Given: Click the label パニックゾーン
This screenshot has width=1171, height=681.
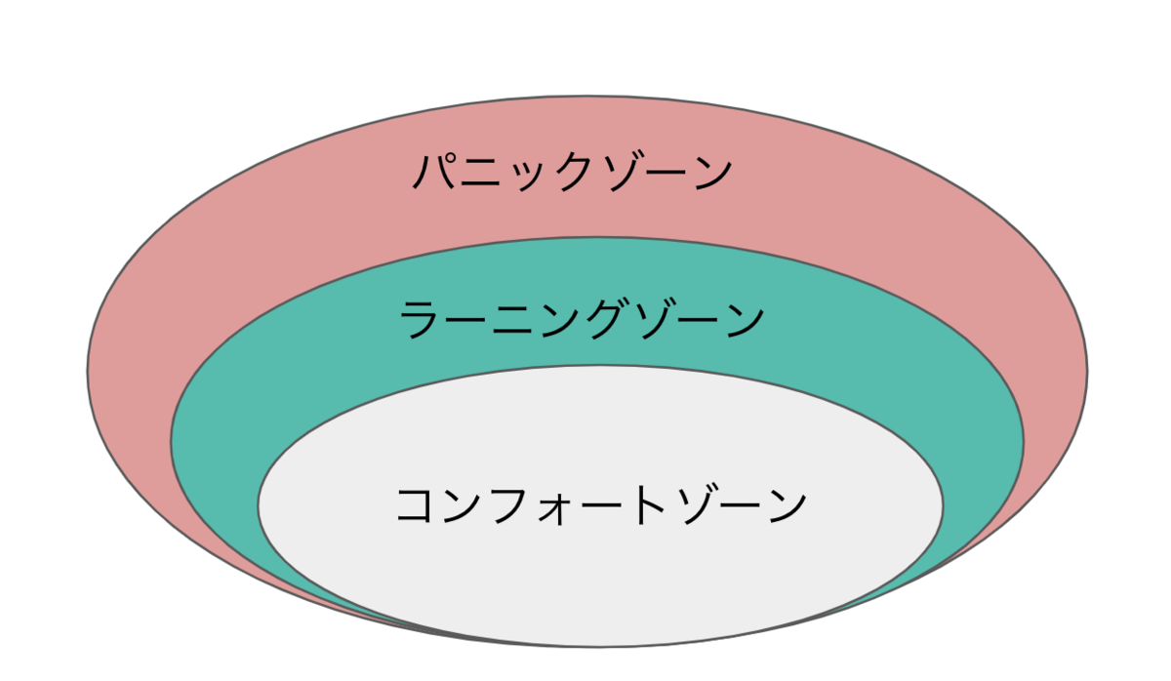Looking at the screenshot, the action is (572, 174).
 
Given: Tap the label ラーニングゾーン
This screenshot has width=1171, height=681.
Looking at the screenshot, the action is (582, 320).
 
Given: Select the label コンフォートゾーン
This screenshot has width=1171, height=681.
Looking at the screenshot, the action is (601, 506).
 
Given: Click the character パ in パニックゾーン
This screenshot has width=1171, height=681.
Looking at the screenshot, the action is (434, 174).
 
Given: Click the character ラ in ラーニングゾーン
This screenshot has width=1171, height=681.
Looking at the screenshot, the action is (422, 320).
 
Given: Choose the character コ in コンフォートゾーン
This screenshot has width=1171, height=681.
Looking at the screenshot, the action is (417, 506).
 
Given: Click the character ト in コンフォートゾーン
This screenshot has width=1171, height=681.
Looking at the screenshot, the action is (648, 506).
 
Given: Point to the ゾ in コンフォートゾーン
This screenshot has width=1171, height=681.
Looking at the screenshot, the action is (694, 506).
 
